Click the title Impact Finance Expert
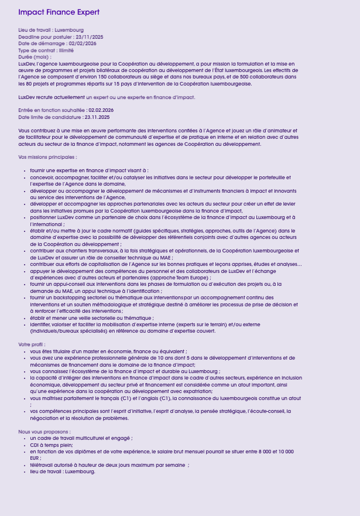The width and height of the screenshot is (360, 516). click(59, 12)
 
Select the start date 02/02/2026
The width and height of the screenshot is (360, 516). click(83, 43)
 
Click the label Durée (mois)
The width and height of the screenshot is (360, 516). click(34, 57)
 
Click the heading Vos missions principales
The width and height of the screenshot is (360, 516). click(47, 157)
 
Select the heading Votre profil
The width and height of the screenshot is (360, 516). click(32, 344)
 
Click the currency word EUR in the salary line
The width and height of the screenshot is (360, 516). click(36, 458)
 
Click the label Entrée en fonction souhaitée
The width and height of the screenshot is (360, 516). click(52, 110)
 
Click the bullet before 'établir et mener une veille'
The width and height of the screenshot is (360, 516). click(24, 318)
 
